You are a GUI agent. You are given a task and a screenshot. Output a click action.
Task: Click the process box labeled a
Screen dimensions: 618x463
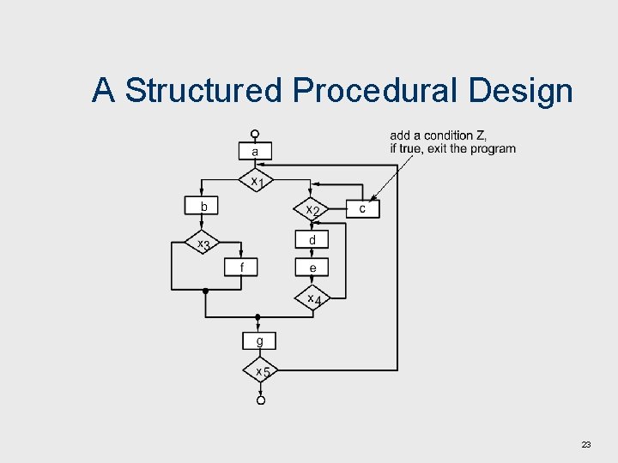pyautogui.click(x=255, y=152)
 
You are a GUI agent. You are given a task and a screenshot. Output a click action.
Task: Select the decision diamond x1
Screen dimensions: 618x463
pyautogui.click(x=255, y=181)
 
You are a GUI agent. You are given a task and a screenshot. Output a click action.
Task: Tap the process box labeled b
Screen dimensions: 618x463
pyautogui.click(x=203, y=207)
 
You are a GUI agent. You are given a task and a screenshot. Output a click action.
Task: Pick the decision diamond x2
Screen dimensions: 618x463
pyautogui.click(x=312, y=209)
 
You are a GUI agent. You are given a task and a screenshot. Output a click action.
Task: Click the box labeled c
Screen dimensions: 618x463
pyautogui.click(x=362, y=208)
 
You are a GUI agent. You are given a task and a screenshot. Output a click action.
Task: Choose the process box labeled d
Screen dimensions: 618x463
pyautogui.click(x=312, y=240)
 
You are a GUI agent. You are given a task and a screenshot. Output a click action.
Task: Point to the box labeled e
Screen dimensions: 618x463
pyautogui.click(x=312, y=268)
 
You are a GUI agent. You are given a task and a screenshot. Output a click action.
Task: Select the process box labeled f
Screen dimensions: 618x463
pyautogui.click(x=242, y=268)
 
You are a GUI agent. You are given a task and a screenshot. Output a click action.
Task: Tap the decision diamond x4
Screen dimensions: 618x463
pyautogui.click(x=312, y=298)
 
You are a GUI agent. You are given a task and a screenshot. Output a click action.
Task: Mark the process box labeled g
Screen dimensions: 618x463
pyautogui.click(x=260, y=341)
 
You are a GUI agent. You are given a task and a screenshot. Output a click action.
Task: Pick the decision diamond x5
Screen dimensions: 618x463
pyautogui.click(x=260, y=370)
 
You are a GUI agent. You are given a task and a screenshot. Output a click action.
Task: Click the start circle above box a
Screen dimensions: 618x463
pyautogui.click(x=255, y=134)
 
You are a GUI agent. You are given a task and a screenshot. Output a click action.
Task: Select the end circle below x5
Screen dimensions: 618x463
pyautogui.click(x=260, y=400)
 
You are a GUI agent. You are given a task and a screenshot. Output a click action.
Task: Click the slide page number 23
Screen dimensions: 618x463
pyautogui.click(x=586, y=444)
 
